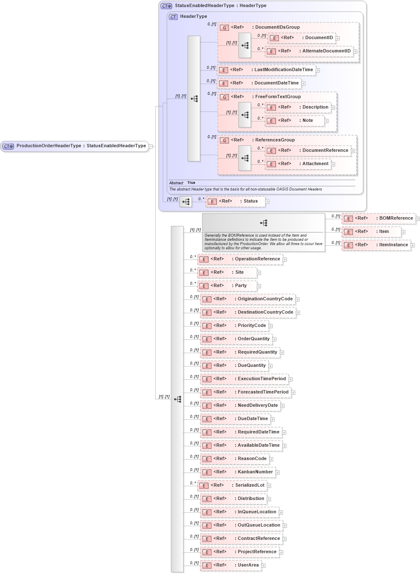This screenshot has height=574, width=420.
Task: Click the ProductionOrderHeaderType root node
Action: coord(75,146)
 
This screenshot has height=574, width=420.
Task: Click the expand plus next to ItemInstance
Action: coord(413,245)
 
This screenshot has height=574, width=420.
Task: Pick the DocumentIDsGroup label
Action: coord(277,27)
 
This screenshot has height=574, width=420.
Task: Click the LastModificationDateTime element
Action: coord(266,70)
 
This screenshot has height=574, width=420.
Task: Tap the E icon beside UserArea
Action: coord(207,565)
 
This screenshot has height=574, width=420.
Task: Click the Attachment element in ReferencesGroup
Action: coord(298,164)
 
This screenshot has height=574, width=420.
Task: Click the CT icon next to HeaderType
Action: coord(173,17)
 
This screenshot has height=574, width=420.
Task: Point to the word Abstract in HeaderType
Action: coord(176,183)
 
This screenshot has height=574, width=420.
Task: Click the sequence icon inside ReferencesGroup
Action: coord(245,158)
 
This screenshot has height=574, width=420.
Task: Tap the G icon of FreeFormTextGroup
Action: coord(224,97)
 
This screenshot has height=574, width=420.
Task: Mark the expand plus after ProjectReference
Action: coord(281,552)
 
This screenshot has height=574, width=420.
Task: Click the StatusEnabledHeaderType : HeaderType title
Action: coord(221,6)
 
